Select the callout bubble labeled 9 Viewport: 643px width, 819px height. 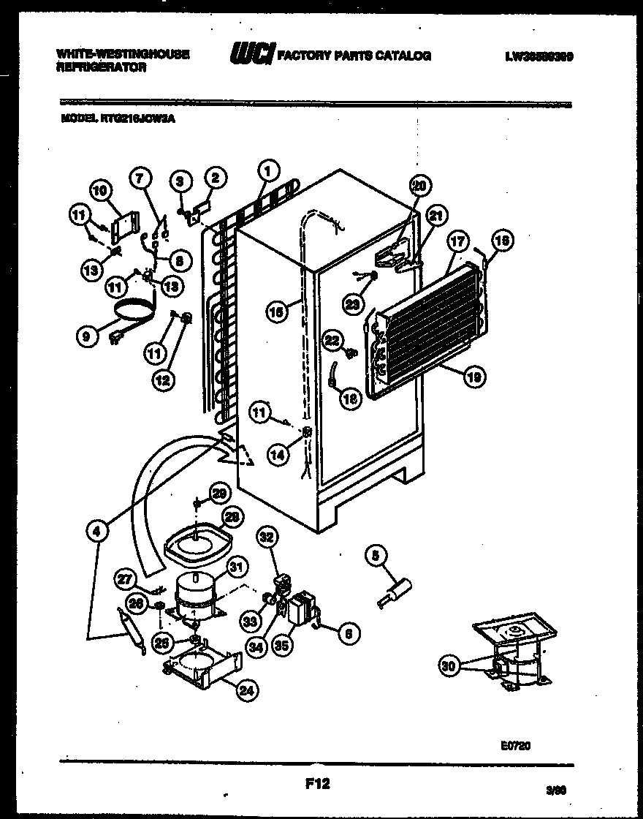point(87,337)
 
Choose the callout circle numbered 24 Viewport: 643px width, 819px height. point(249,689)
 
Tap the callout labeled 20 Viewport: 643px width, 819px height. point(417,186)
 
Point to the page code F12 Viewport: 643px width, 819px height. point(316,784)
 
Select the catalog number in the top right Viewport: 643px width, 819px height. point(538,56)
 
